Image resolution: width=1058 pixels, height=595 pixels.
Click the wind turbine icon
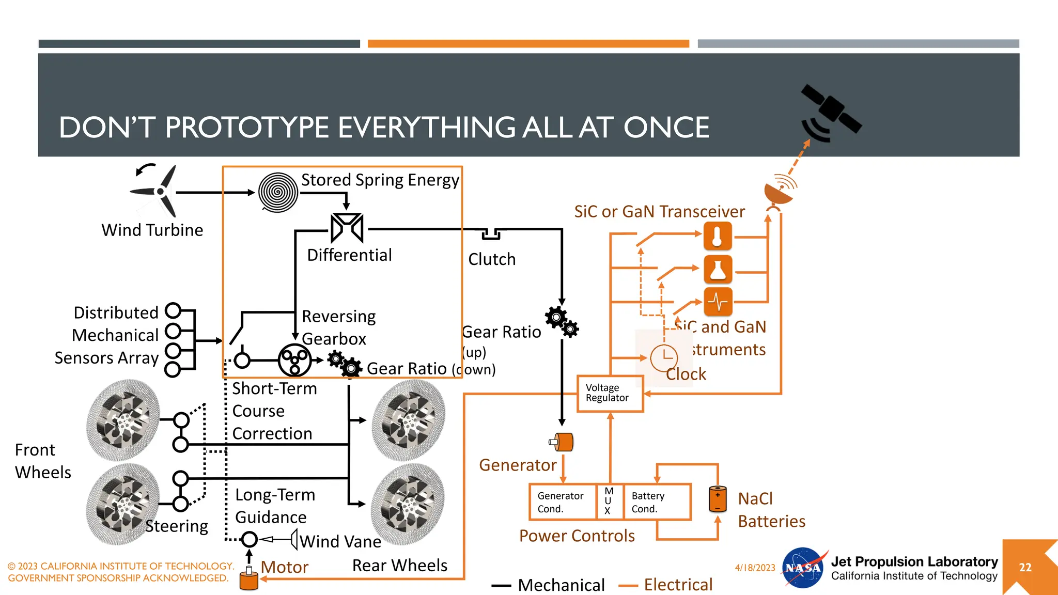tap(157, 192)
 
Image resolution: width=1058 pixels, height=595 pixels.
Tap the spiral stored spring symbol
tap(278, 192)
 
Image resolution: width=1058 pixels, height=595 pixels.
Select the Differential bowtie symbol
tap(347, 228)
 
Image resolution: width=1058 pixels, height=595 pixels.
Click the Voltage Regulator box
tap(610, 394)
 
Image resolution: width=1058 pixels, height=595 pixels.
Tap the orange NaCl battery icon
tap(718, 499)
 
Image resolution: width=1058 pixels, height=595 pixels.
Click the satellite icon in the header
tap(829, 113)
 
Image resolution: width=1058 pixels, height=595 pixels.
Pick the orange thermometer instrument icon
tap(718, 236)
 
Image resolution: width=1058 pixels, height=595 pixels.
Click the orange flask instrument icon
tap(718, 269)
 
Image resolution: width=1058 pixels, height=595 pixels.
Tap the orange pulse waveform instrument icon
tap(718, 302)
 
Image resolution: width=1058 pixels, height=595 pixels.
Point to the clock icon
tap(664, 358)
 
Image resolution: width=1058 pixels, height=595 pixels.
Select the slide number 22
tap(1025, 567)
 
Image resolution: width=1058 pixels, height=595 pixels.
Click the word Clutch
tap(492, 259)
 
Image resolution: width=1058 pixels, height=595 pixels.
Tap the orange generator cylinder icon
tap(562, 442)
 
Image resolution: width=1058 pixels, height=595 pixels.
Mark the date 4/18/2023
tap(755, 568)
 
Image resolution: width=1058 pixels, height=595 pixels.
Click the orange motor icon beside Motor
tap(249, 579)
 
